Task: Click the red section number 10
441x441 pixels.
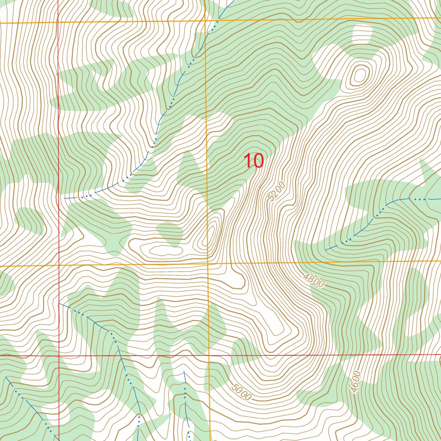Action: (x=253, y=161)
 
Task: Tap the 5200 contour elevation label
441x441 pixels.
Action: (x=276, y=191)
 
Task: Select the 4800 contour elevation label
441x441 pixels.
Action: (x=313, y=280)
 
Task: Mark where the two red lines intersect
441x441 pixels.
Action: (x=59, y=356)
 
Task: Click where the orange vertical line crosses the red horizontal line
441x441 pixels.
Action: (x=209, y=356)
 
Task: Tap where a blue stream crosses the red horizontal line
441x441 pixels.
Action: (x=121, y=356)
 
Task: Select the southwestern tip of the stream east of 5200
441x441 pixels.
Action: (x=326, y=250)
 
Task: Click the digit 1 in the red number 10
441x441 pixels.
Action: (x=248, y=161)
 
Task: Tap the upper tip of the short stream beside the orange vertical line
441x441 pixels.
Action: (x=184, y=371)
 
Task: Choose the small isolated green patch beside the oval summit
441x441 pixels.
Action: (x=169, y=233)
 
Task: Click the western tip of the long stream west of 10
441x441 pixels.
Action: (x=65, y=198)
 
